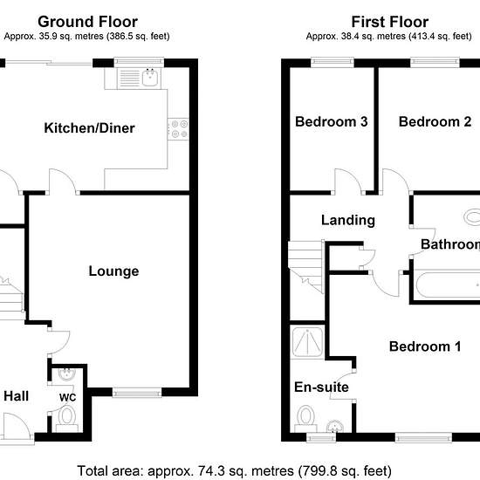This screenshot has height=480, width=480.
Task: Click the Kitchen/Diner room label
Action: point(89,128)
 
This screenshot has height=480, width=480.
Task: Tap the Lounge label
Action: point(113,271)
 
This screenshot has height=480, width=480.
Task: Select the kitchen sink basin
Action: point(150,77)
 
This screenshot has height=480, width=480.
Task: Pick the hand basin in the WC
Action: point(66,374)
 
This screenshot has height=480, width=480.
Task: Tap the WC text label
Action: point(68,397)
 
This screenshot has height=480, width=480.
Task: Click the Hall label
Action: point(17,396)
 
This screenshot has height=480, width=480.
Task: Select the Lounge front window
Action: point(137,393)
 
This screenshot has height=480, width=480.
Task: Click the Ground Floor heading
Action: point(88,22)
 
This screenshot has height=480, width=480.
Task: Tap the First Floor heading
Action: point(390,22)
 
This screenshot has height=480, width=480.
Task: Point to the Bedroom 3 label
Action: point(332,122)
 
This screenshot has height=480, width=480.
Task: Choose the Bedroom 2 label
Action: point(435,122)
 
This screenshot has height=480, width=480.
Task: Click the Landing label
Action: point(348,220)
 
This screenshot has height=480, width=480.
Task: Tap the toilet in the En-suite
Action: point(305,418)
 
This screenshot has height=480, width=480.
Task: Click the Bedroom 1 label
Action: point(425,346)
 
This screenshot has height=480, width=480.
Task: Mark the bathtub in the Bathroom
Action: point(448,285)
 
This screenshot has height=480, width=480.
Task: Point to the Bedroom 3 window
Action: point(333,62)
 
